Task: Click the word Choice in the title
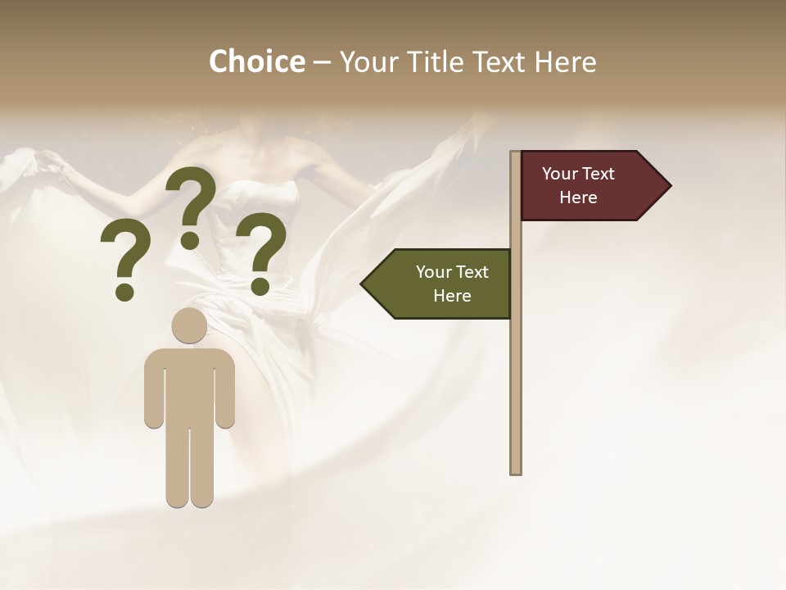tap(256, 61)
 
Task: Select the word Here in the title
tap(565, 61)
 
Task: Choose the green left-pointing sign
tap(442, 284)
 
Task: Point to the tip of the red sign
tap(669, 185)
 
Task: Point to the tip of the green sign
tap(363, 284)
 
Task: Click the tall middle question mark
tap(192, 197)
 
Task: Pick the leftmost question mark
tap(125, 254)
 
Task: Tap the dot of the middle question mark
tap(190, 239)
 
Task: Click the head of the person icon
tap(189, 325)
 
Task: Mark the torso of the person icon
tap(189, 385)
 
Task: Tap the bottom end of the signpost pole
tap(516, 471)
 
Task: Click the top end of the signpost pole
tap(516, 154)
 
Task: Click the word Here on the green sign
tap(452, 296)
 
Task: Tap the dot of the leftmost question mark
tap(124, 292)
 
